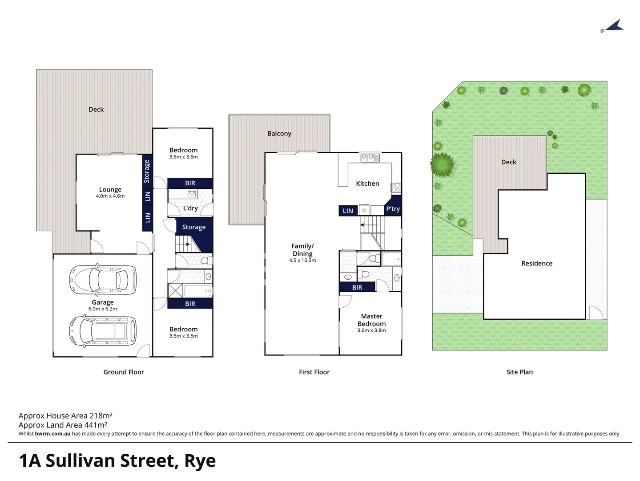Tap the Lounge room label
(110, 189)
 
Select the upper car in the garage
(103, 279)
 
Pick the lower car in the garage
(103, 331)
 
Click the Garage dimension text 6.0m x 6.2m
(103, 309)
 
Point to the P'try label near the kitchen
(393, 208)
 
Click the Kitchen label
(367, 183)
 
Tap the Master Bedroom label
(371, 320)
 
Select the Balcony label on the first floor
(279, 133)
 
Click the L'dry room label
(190, 208)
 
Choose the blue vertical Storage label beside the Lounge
(147, 171)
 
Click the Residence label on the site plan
(537, 263)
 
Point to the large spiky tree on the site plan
(442, 164)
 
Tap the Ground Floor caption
(124, 372)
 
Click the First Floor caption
(314, 372)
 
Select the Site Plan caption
(519, 372)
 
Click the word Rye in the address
(200, 461)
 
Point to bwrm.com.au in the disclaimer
(52, 433)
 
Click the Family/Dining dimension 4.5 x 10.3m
(302, 261)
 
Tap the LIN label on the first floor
(348, 211)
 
